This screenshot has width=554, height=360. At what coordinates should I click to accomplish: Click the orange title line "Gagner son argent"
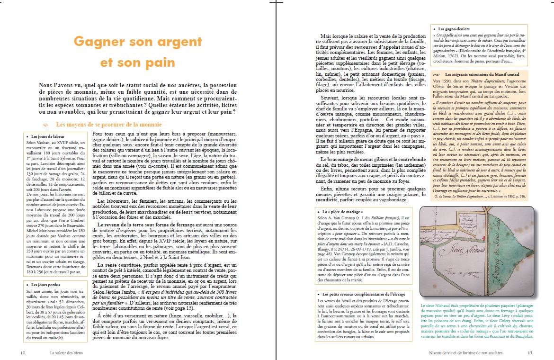click(x=138, y=42)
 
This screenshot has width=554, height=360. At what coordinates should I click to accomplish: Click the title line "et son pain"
click(x=138, y=63)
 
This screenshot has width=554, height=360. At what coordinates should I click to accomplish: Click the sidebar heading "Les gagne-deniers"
click(x=451, y=29)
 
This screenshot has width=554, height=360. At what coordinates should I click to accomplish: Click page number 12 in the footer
click(x=22, y=352)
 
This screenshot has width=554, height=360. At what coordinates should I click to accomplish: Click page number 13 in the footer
click(x=530, y=352)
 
